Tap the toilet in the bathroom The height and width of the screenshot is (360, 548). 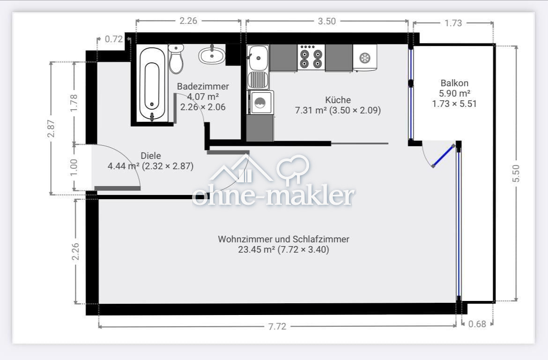[176, 60]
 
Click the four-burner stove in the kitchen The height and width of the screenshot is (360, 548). [311, 58]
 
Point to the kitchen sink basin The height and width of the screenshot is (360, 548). [258, 58]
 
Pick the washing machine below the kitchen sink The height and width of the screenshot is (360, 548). [259, 103]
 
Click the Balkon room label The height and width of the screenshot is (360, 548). [451, 83]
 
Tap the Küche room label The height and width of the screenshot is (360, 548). [338, 100]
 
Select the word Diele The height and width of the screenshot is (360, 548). [151, 156]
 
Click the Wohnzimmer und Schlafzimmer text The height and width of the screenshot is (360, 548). [283, 239]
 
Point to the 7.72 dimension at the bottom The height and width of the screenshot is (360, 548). [277, 327]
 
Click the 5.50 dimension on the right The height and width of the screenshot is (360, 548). [516, 173]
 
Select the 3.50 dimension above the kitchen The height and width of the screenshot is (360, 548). [326, 21]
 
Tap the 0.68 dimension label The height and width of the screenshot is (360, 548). [477, 323]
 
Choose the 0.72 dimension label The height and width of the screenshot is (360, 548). [113, 39]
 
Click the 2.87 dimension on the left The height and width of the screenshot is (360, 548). [51, 128]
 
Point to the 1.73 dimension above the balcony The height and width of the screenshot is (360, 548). [453, 23]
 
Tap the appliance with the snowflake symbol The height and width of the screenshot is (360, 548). [364, 58]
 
